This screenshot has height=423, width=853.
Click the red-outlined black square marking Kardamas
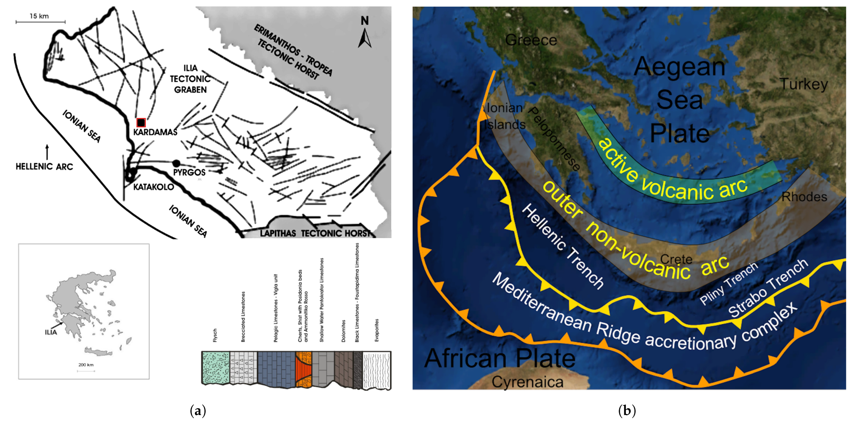141,123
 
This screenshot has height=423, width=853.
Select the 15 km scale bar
40,22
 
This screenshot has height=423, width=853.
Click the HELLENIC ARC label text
44,167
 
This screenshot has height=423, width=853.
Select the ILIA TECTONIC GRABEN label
190,79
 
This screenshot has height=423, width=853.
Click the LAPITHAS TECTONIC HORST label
315,233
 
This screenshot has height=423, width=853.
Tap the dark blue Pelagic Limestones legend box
276,368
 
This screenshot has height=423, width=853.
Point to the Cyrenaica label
527,382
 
